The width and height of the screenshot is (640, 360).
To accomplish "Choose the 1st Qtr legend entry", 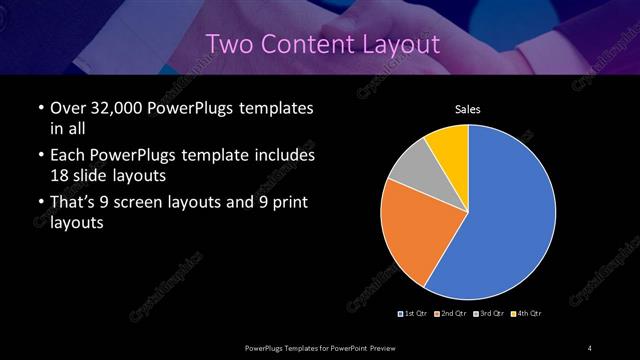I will [414, 314].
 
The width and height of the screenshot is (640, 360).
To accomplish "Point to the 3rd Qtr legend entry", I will [491, 314].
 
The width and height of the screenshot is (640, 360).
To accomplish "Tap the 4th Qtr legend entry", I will [527, 314].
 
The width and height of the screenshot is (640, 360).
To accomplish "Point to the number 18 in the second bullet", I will [61, 174].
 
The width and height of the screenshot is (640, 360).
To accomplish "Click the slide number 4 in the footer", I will [590, 347].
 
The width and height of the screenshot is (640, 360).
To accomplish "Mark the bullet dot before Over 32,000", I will [39, 107].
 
